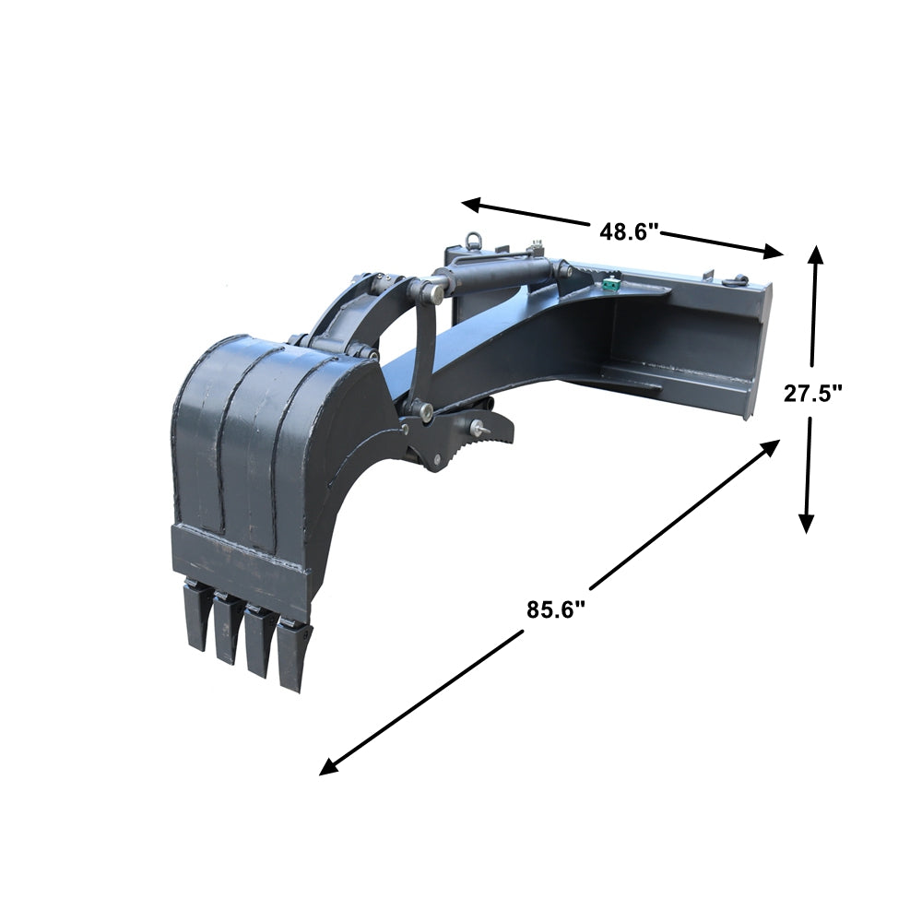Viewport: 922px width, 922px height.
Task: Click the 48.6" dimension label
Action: pos(629,230)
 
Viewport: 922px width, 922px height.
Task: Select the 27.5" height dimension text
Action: pos(813,394)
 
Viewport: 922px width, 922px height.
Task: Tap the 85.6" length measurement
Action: pos(557,609)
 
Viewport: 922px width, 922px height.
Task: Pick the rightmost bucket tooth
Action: pos(293,656)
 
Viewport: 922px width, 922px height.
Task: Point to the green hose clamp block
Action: pos(608,287)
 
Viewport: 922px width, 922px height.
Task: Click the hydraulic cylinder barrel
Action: pos(498,274)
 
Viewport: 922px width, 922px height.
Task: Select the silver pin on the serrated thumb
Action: pos(481,427)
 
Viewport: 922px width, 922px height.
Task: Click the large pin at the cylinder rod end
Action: pos(432,292)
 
